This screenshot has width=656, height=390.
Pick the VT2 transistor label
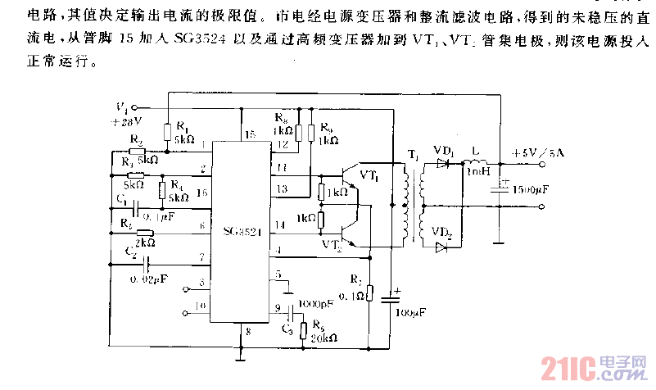coord(332,244)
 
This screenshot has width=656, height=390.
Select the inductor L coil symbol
coord(475,161)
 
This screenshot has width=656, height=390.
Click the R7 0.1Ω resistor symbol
coord(369,293)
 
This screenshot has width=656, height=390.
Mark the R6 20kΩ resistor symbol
coord(304,330)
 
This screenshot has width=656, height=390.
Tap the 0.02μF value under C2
coord(150,279)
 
